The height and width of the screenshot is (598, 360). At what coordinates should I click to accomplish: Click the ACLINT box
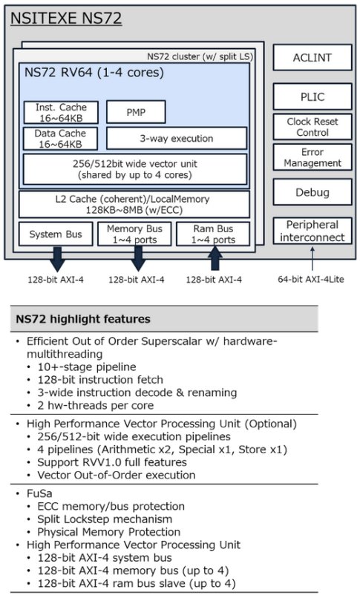[312, 58]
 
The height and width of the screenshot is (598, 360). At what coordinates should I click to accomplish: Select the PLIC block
[312, 97]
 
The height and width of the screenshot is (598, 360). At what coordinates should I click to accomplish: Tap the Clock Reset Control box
[312, 127]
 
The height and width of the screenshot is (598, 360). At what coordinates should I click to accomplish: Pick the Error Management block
[312, 157]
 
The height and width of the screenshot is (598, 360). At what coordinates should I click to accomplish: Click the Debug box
[312, 192]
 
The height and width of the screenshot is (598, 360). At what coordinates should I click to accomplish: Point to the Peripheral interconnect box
[312, 231]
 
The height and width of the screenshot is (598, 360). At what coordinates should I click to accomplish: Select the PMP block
[136, 112]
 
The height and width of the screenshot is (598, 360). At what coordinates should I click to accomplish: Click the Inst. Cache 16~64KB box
[61, 113]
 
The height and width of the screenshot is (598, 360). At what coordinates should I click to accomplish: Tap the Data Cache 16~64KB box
[61, 139]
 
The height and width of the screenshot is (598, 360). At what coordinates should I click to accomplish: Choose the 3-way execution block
[177, 138]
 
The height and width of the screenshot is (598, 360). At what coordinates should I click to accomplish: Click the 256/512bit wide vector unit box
[135, 169]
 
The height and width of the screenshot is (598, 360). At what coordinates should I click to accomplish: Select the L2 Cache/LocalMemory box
[134, 205]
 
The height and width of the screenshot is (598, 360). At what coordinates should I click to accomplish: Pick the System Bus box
[56, 234]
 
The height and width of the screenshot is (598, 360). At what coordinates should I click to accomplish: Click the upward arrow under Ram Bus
[215, 258]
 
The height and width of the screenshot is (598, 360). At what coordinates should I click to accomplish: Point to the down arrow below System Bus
[57, 259]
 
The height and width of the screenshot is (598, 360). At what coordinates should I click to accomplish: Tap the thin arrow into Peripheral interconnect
[312, 259]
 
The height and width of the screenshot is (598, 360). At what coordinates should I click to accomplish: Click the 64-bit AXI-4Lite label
[311, 280]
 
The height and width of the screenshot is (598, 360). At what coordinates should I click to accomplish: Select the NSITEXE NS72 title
[66, 19]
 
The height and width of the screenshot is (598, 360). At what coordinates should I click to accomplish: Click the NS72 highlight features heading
[83, 319]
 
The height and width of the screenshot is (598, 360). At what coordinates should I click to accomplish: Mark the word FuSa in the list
[39, 493]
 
